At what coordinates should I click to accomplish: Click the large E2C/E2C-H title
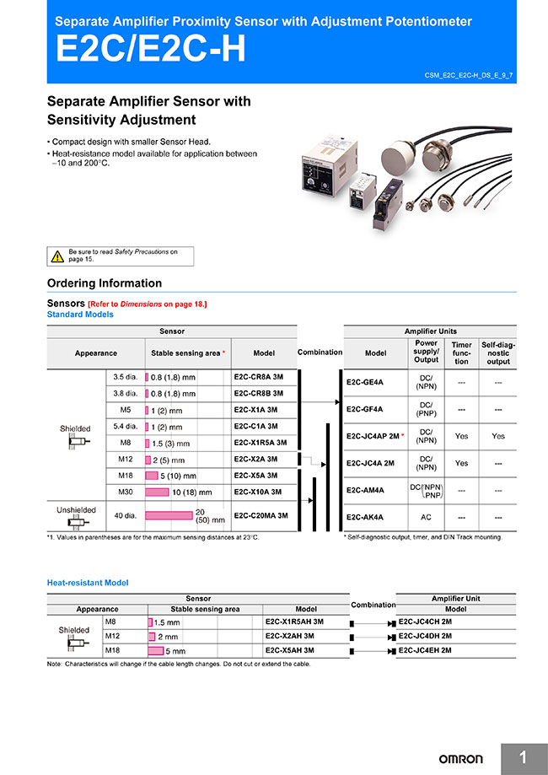point(151,50)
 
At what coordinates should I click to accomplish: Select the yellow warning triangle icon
point(57,256)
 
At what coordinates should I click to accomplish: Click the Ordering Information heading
point(105,283)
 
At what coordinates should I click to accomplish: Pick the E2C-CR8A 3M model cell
point(260,378)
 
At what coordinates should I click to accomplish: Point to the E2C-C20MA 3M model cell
point(261,515)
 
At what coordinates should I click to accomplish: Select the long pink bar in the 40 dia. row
point(169,515)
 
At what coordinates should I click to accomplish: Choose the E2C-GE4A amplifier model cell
point(365,382)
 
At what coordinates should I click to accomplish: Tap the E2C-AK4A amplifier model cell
point(365,517)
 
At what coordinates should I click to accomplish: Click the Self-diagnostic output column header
point(498,353)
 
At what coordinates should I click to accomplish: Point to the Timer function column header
point(461,353)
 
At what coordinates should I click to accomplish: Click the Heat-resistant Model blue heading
point(88,583)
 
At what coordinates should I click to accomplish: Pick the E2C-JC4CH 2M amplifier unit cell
point(425,622)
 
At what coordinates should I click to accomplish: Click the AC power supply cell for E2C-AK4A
point(426,517)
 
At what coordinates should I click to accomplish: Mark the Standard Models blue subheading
point(80,315)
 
